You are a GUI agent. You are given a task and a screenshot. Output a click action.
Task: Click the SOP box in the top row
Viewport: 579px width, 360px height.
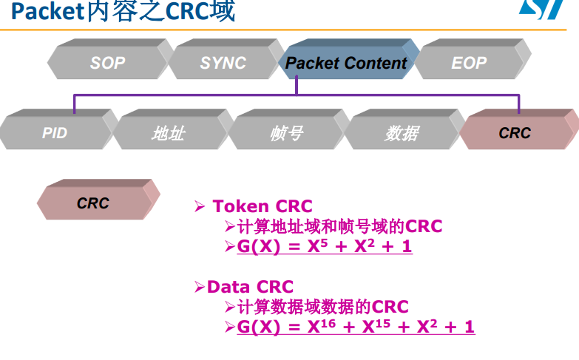pos(108,63)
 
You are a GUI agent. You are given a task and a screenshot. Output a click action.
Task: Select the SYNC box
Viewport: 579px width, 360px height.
pos(223,63)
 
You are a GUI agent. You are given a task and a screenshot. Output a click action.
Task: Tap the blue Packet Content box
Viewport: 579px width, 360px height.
pos(346,63)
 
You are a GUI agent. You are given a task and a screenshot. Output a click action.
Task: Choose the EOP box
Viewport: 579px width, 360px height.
pos(469,63)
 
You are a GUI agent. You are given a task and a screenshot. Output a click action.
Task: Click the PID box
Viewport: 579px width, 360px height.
pos(55,133)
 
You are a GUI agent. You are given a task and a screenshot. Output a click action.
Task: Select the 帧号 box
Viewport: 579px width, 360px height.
pos(286,133)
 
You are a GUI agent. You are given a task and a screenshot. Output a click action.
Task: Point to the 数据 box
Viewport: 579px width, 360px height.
pos(402,133)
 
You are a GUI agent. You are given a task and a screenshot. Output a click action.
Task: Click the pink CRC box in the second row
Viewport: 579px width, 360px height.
pos(515,133)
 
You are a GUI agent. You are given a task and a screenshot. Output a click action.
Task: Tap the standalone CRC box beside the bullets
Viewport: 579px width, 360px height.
pos(93,203)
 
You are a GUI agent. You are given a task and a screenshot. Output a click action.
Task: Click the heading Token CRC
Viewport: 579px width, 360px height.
pos(263,206)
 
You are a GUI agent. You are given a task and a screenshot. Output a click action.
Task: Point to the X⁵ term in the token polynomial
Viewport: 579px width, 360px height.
pos(317,246)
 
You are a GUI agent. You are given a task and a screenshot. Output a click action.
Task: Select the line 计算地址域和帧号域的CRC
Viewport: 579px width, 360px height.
pos(339,226)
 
